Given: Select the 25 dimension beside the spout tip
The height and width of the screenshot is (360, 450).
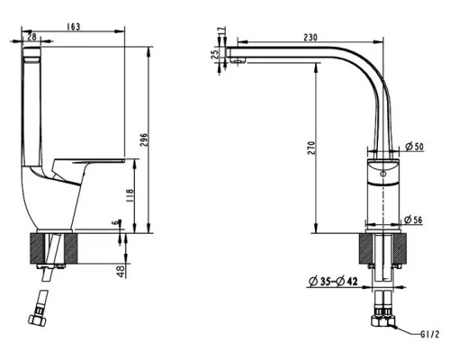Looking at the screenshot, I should click(214, 55).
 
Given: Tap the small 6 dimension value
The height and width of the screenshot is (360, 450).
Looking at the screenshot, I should click(114, 223).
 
